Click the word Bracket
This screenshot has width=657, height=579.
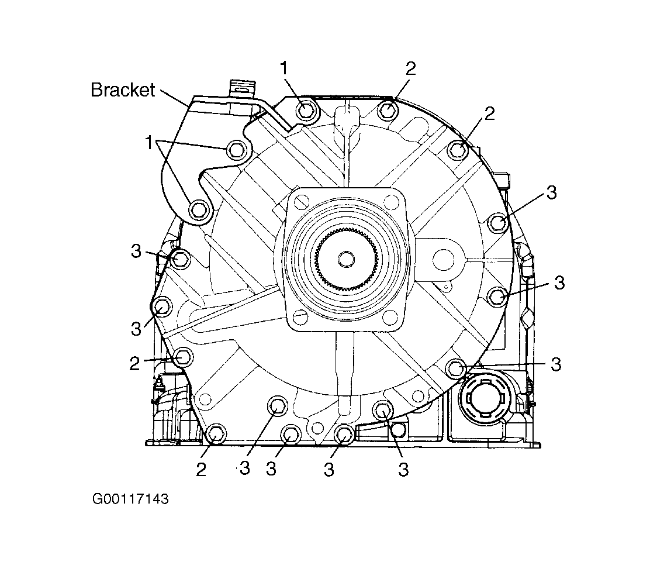click(x=123, y=90)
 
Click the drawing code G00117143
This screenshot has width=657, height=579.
click(x=130, y=499)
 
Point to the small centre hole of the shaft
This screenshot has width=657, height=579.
click(x=346, y=259)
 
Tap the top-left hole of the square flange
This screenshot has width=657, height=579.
click(x=300, y=203)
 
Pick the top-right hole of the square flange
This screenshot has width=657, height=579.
click(x=391, y=203)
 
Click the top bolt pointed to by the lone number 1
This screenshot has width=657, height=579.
click(x=306, y=111)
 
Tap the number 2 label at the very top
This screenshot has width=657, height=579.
click(x=410, y=68)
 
